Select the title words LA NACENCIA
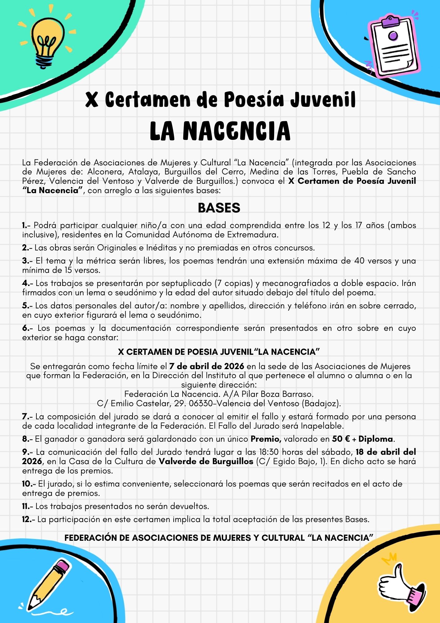click(x=220, y=131)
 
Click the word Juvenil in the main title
click(x=323, y=100)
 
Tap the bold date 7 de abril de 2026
click(x=207, y=366)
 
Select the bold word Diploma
click(x=376, y=439)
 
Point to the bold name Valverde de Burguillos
click(x=206, y=461)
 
